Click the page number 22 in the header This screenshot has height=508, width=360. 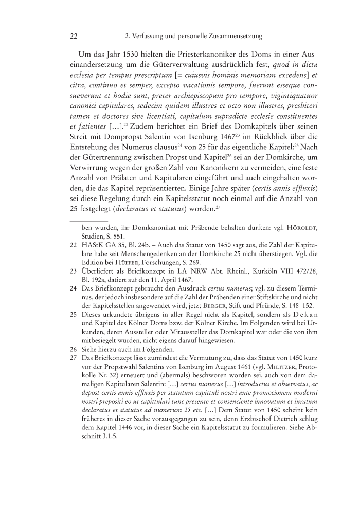tap(73, 37)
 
